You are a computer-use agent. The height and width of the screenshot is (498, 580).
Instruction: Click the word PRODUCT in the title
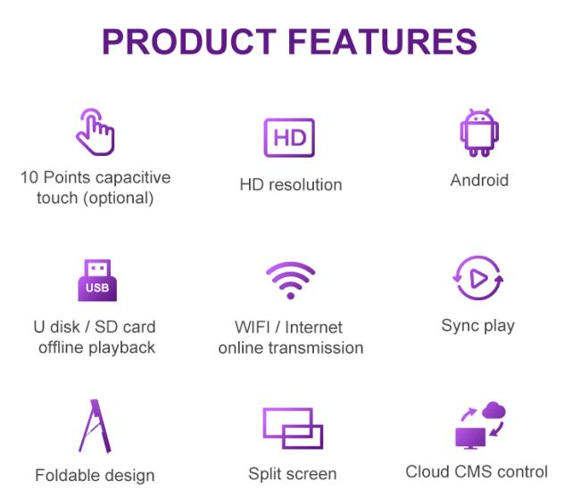189,41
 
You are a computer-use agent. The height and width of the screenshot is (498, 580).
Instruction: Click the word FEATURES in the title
383,41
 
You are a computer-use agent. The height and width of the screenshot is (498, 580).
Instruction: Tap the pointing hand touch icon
95,132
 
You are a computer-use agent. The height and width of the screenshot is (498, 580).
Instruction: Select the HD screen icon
289,138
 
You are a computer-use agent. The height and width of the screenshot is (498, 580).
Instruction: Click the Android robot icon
479,133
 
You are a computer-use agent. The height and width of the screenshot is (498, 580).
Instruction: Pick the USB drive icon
97,280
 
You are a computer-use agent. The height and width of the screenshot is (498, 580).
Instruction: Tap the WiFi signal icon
291,280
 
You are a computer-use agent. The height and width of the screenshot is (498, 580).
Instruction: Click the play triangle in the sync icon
478,279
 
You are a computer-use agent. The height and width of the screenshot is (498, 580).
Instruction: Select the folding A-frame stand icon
95,426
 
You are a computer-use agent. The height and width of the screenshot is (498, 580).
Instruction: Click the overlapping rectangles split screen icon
293,428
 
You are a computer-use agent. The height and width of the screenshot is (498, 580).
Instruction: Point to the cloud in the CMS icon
494,410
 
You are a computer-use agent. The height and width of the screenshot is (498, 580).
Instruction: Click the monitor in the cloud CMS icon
470,438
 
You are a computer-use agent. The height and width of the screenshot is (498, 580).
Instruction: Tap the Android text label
479,180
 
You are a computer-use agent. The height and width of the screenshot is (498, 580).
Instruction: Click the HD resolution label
291,184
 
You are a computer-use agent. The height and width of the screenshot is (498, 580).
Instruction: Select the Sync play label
478,326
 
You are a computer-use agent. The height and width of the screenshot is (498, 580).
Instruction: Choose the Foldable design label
95,476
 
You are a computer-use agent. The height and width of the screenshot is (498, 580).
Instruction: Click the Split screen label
293,474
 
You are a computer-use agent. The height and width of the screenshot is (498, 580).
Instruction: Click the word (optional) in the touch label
119,199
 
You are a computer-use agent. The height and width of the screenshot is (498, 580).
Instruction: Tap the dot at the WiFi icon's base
291,296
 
